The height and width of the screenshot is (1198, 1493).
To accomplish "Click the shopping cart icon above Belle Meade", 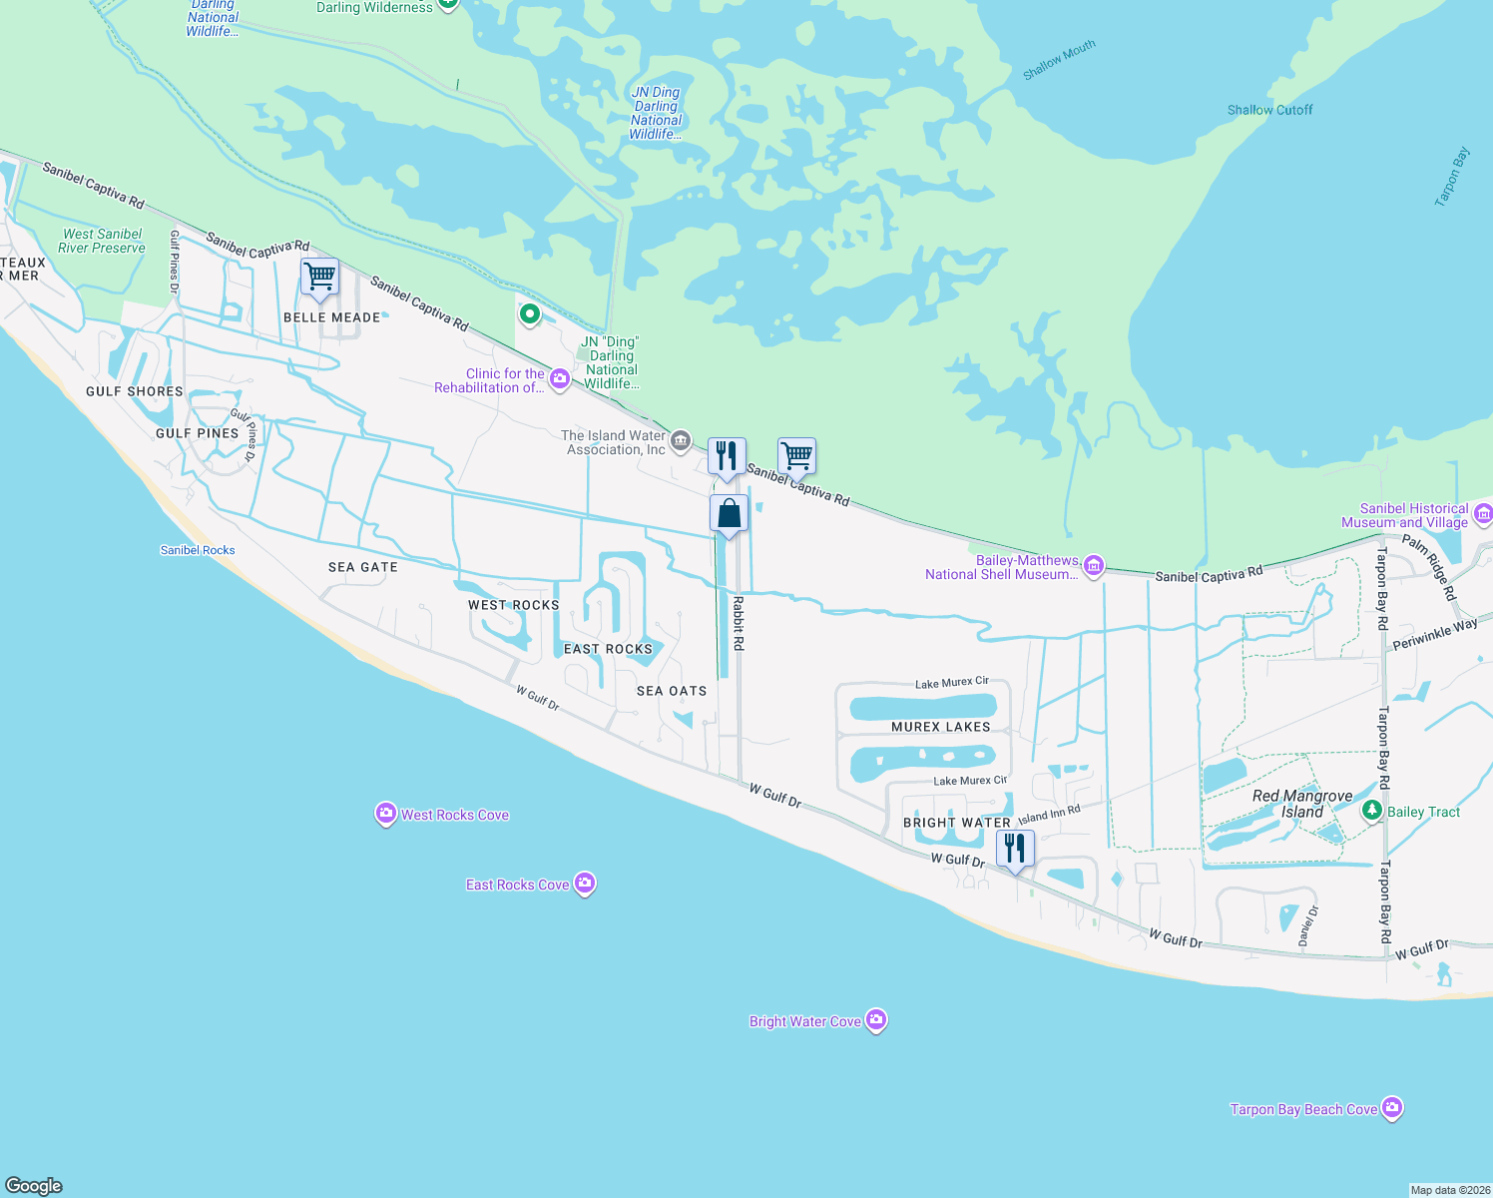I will tap(319, 277).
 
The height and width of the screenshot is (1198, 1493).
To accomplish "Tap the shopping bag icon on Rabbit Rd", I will tap(729, 514).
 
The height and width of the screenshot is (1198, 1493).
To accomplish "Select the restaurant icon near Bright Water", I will tap(1015, 849).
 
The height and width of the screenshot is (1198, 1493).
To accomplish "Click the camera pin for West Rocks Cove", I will tap(385, 815).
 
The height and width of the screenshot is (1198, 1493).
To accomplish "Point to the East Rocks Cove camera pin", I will tap(586, 884).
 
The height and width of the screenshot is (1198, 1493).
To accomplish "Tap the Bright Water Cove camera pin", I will tap(876, 1020).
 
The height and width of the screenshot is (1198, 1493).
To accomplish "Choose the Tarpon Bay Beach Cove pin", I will tap(1393, 1108).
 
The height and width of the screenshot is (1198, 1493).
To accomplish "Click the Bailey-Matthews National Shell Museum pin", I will tap(1094, 567).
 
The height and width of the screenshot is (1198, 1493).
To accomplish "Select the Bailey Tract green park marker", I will tap(1373, 811).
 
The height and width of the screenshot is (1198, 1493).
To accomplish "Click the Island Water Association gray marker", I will tap(681, 440).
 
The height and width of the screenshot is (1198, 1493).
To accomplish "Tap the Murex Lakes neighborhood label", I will tap(940, 727).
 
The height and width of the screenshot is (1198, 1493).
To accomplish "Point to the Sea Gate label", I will tap(363, 567).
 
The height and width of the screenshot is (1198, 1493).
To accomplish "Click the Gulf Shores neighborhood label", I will tap(135, 391).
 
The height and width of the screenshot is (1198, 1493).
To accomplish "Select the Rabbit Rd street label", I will tap(739, 624).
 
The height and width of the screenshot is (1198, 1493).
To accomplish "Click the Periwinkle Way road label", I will tap(1435, 635).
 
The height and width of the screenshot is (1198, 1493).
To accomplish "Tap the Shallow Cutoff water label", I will tap(1269, 110).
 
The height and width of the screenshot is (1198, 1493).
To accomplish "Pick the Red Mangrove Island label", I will tap(1302, 804).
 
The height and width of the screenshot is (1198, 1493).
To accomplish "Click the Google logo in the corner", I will tap(34, 1185).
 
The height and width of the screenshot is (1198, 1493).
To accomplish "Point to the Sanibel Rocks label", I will tap(198, 550).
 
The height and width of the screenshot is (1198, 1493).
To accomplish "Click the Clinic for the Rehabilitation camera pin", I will tap(560, 378).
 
